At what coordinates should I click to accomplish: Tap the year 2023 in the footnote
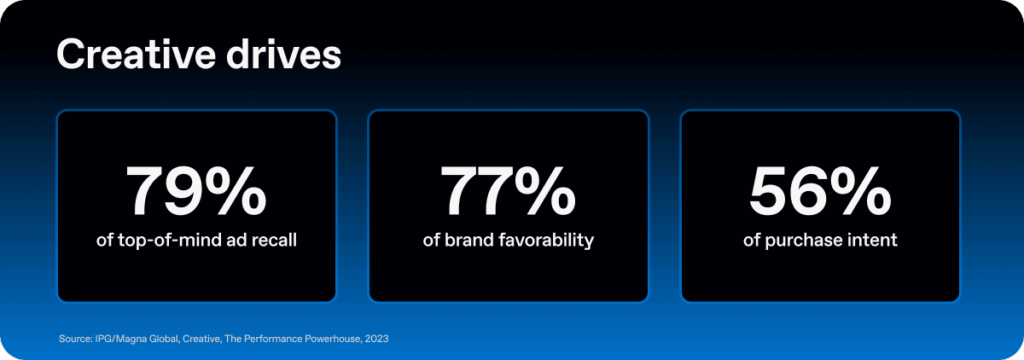pos(376,339)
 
